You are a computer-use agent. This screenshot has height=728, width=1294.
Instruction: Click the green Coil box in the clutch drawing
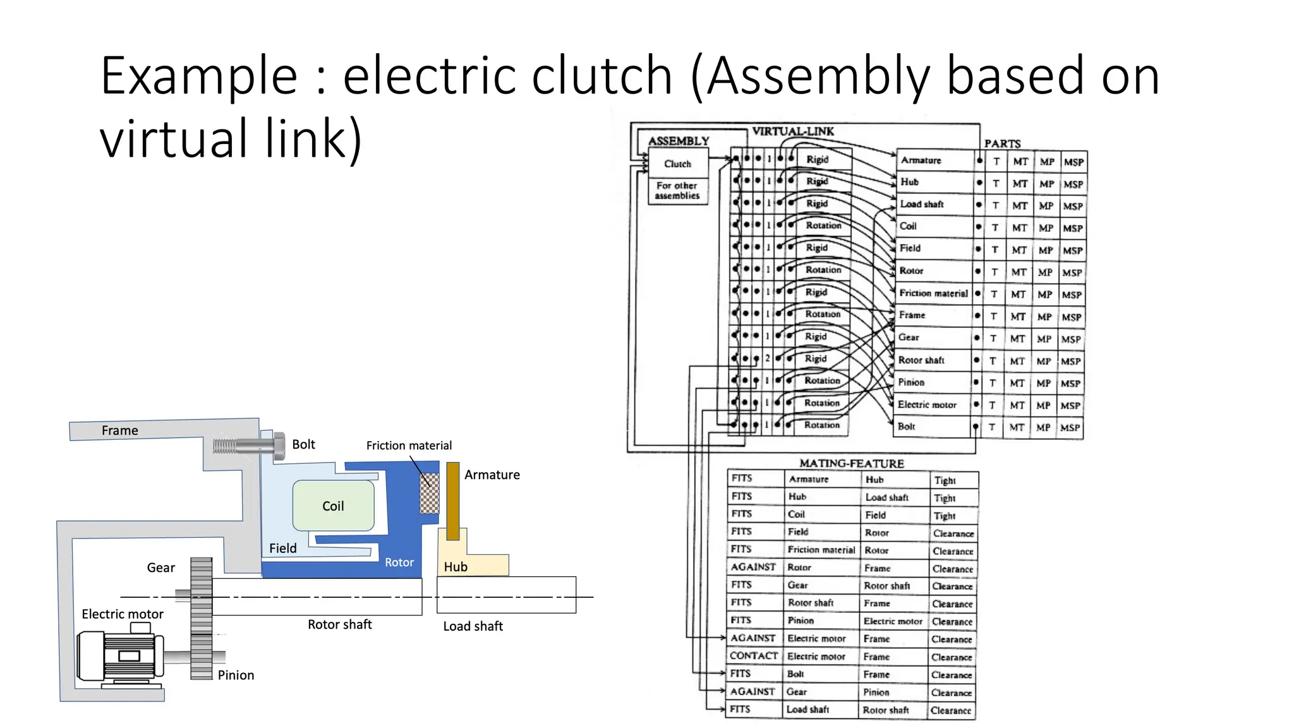point(333,506)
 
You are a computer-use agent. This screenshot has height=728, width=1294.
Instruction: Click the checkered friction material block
point(430,494)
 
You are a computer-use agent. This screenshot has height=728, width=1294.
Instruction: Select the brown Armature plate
point(452,500)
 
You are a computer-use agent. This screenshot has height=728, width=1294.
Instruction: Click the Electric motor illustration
point(120,657)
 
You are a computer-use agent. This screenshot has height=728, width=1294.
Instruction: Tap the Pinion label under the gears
point(236,675)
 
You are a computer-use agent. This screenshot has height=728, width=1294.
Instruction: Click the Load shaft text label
point(473,626)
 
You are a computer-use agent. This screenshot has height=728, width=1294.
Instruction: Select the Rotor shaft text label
point(339,624)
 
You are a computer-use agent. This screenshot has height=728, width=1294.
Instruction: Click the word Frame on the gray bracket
point(119,430)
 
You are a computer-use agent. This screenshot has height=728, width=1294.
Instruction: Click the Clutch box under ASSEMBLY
point(677,164)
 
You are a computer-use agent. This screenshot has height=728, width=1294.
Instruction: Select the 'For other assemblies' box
point(677,191)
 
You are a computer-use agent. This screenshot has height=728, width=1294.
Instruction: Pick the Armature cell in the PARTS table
point(921,161)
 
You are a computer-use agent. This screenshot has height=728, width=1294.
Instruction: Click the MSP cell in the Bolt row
point(1070,428)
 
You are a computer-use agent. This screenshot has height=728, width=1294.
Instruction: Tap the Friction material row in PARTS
point(933,293)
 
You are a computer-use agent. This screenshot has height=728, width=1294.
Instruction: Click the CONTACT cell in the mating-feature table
point(753,656)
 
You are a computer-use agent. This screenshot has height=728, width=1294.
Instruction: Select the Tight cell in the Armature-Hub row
point(945,480)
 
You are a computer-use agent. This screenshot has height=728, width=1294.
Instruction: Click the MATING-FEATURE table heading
point(851,463)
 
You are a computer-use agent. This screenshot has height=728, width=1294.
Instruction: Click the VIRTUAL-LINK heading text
point(793,131)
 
